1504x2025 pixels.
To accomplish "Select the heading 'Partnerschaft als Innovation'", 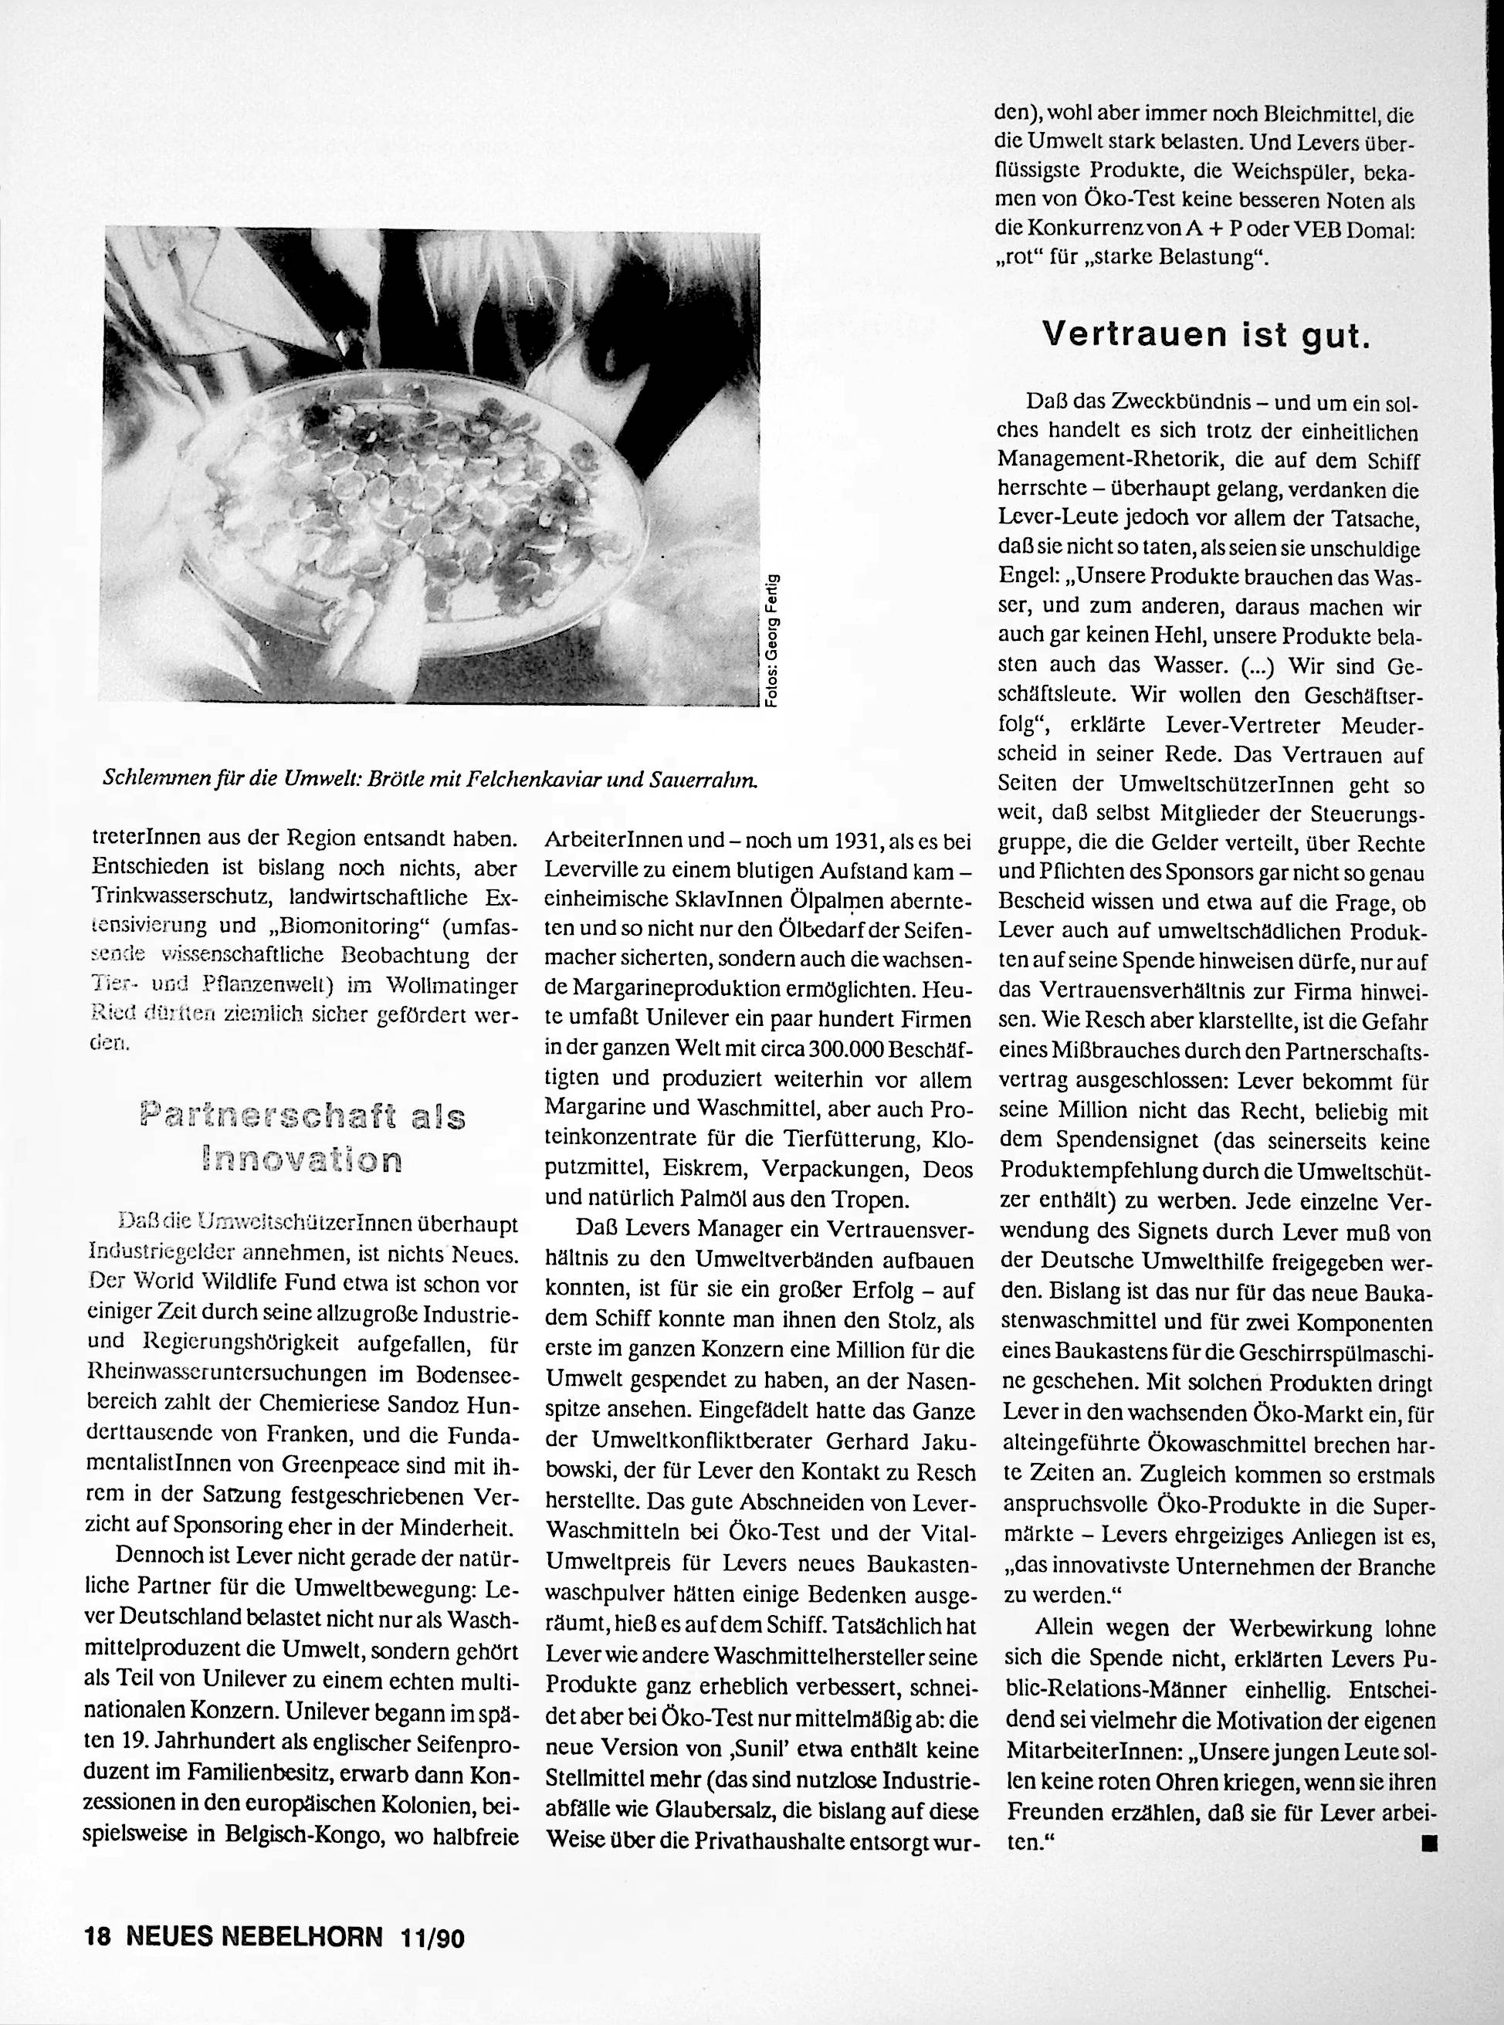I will point(303,1136).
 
